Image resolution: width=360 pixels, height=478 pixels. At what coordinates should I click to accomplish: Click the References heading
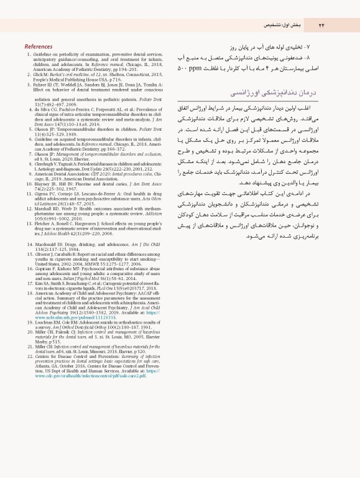[x=38, y=47]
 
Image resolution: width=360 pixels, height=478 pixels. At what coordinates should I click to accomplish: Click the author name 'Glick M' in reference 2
[x=43, y=73]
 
